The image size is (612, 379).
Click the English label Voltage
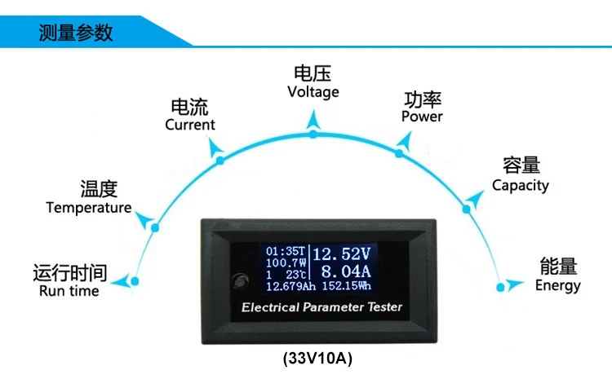(313, 92)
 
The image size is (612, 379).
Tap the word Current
(190, 125)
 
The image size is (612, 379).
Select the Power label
(422, 117)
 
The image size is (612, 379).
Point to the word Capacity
(521, 185)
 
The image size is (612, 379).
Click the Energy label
(558, 285)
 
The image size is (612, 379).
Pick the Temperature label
(89, 208)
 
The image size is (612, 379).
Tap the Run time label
(69, 291)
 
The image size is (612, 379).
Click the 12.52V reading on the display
(342, 253)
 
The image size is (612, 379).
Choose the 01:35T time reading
(285, 251)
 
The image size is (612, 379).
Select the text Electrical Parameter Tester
(322, 307)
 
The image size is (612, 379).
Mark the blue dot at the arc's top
(313, 133)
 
